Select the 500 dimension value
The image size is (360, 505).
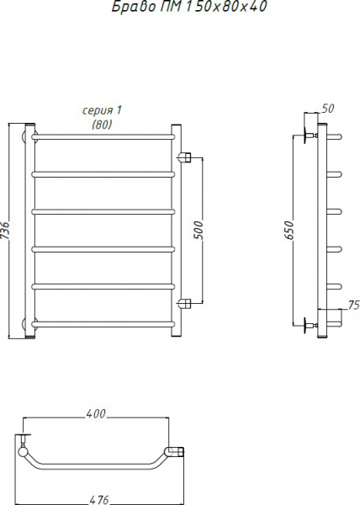pyautogui.click(x=199, y=230)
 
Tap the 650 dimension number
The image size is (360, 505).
pyautogui.click(x=289, y=230)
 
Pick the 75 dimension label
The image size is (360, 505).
pyautogui.click(x=353, y=306)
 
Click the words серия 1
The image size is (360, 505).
pyautogui.click(x=102, y=110)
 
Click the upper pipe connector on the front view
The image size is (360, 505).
pyautogui.click(x=186, y=157)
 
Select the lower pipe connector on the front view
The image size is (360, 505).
pyautogui.click(x=186, y=303)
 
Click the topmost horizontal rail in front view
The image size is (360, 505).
pyautogui.click(x=103, y=135)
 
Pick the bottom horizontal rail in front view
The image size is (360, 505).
pyautogui.click(x=103, y=322)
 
